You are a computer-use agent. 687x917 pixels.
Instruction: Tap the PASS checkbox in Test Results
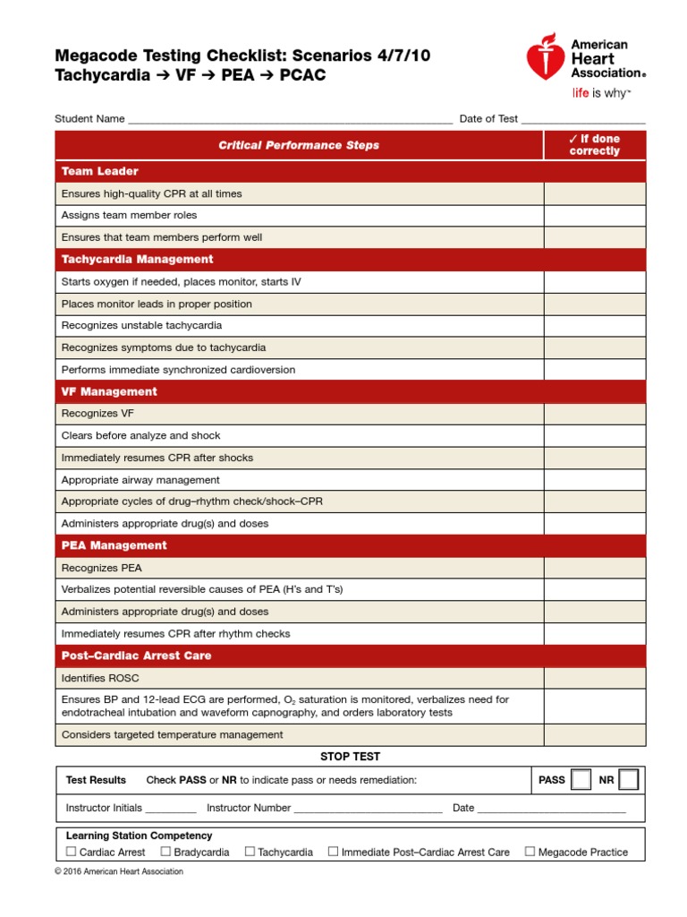pos(581,780)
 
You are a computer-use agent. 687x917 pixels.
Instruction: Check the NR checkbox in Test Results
pos(628,780)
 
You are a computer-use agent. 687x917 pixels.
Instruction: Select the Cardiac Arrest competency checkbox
pos(72,852)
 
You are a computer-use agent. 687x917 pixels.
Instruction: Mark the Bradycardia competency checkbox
pos(165,852)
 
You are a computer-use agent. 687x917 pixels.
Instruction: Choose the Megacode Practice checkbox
pos(530,852)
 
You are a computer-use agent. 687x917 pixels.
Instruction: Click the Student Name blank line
pos(290,120)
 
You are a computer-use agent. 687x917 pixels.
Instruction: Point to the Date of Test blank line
pos(583,120)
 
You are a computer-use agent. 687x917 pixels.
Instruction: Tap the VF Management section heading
pos(109,391)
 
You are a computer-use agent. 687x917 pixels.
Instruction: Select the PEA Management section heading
pos(114,545)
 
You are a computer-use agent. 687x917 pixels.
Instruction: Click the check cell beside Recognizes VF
pos(595,414)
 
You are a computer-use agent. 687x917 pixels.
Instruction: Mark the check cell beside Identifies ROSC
pos(595,678)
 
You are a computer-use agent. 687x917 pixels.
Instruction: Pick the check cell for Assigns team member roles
pos(595,215)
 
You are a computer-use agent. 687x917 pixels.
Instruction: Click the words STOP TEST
pos(351,757)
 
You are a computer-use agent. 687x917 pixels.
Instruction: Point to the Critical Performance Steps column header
pos(299,145)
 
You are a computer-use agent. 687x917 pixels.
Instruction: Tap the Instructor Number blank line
pos(368,809)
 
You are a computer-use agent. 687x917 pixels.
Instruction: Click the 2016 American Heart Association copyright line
pos(119,871)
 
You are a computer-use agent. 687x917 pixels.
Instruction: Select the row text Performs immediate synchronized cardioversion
pos(178,370)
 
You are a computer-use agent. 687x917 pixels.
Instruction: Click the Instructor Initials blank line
pos(170,809)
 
